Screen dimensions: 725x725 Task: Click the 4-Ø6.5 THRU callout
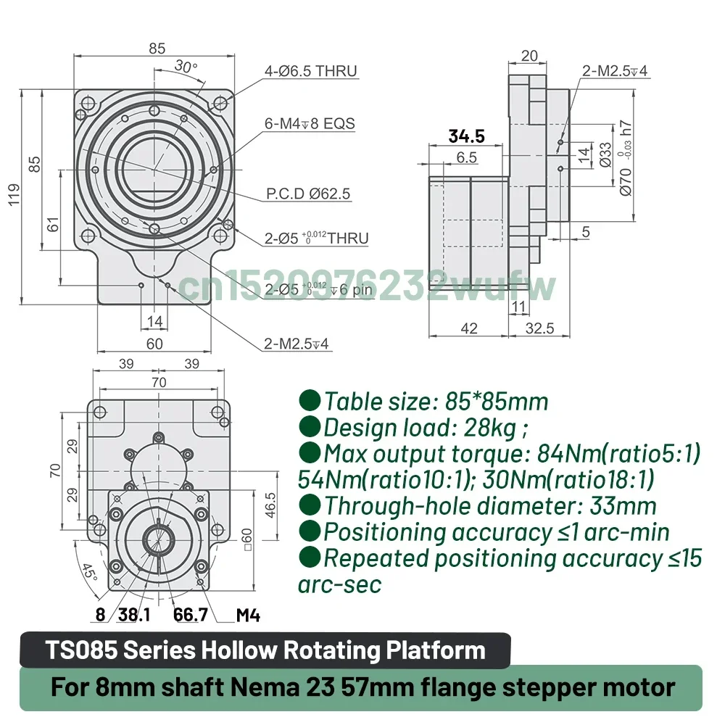[311, 71]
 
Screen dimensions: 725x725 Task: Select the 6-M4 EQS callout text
[310, 123]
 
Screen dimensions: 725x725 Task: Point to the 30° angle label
[186, 67]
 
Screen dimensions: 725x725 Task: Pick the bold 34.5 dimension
[466, 136]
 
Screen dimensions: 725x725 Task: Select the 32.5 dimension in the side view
[539, 328]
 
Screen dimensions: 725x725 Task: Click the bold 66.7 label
[191, 616]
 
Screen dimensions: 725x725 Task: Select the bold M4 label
[248, 616]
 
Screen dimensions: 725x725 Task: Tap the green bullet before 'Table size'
[310, 400]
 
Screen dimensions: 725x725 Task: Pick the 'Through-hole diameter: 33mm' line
[489, 505]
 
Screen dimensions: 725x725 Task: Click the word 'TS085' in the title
[81, 650]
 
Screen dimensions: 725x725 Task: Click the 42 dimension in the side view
[469, 328]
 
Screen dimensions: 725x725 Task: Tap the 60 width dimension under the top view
[154, 344]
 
